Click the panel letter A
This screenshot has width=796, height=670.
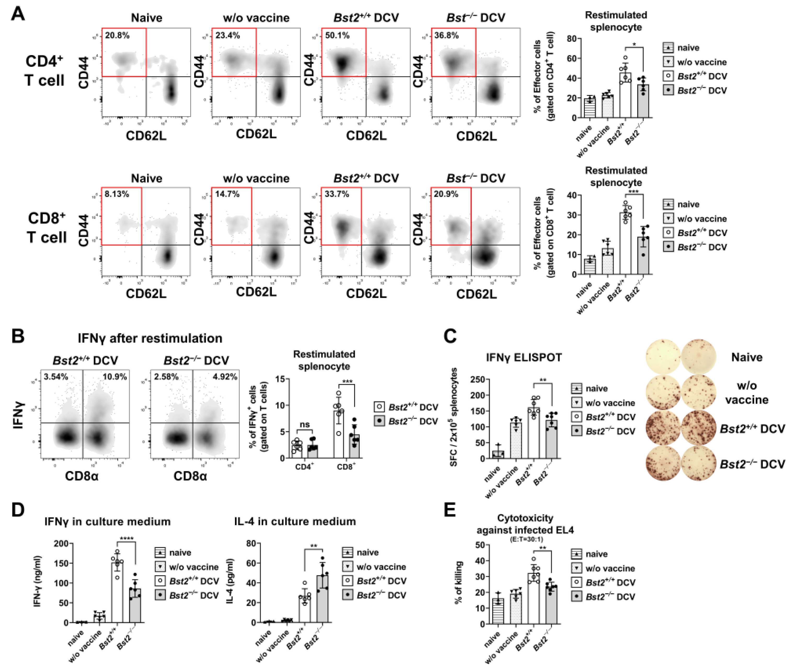tap(18, 14)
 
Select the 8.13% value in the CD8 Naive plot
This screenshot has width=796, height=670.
tap(117, 194)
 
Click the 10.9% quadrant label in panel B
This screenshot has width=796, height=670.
tap(114, 377)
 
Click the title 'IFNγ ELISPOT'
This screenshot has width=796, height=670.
tap(523, 357)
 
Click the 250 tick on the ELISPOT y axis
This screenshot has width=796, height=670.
tap(477, 379)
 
